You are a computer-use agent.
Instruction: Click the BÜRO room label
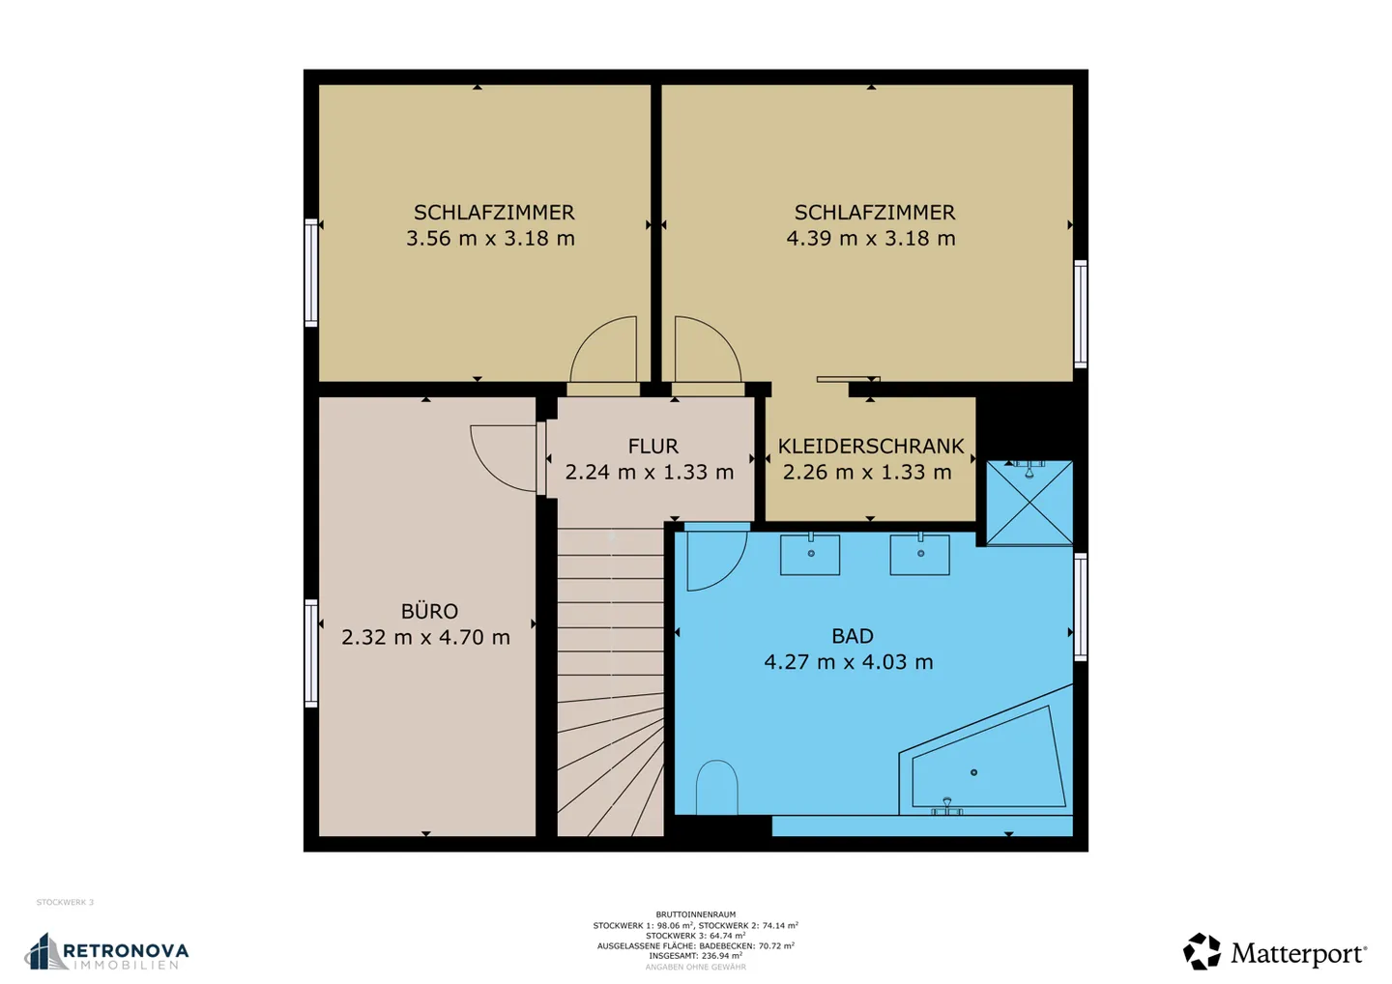coord(429,612)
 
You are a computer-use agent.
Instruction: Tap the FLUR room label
coord(652,447)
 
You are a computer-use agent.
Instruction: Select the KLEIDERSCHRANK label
coord(871,447)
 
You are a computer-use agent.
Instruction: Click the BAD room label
coord(852,636)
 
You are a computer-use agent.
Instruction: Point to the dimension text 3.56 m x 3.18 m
coord(490,239)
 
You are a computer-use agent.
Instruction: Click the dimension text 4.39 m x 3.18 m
coord(870,239)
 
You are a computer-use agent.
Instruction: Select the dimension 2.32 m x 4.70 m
coord(425,638)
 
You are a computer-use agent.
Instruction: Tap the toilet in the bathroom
coord(716,787)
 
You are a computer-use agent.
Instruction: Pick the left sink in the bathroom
coord(810,554)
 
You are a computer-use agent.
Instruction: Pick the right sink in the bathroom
coord(919,554)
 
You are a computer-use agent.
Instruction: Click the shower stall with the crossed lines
coord(1029,504)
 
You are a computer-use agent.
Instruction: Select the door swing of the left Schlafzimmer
coord(605,352)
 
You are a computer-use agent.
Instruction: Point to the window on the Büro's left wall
coord(311,653)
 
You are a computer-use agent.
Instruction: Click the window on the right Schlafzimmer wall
coord(1081,314)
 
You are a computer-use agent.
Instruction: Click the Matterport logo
coord(1275,952)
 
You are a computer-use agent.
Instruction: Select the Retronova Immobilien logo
coord(106,952)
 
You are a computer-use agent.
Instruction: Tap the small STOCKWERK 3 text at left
coord(65,903)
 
